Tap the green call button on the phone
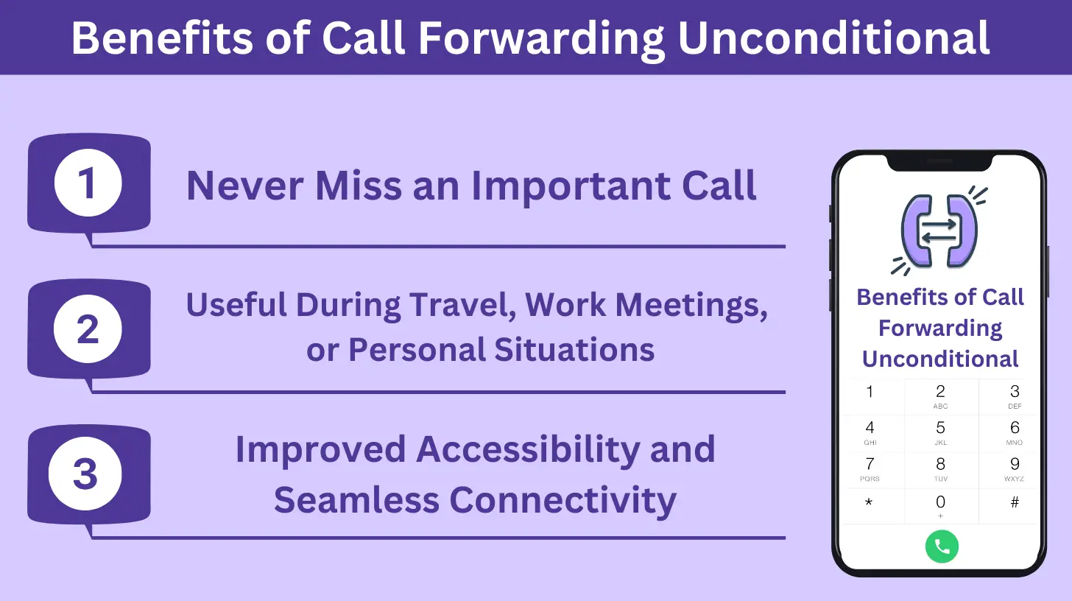[x=942, y=546]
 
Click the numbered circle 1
[x=88, y=183]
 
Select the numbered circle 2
[x=88, y=329]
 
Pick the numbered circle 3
[x=85, y=474]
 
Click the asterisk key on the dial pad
[x=869, y=503]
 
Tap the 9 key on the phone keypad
[x=1014, y=469]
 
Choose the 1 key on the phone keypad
[x=870, y=392]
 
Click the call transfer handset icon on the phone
[x=939, y=231]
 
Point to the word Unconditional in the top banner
[x=833, y=38]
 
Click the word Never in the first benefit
[x=245, y=186]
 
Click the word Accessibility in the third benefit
[x=528, y=450]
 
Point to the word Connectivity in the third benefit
[x=563, y=500]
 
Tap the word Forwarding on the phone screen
[x=940, y=329]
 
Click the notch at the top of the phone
[x=940, y=162]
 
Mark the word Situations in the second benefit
[x=574, y=349]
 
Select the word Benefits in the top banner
[x=162, y=38]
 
